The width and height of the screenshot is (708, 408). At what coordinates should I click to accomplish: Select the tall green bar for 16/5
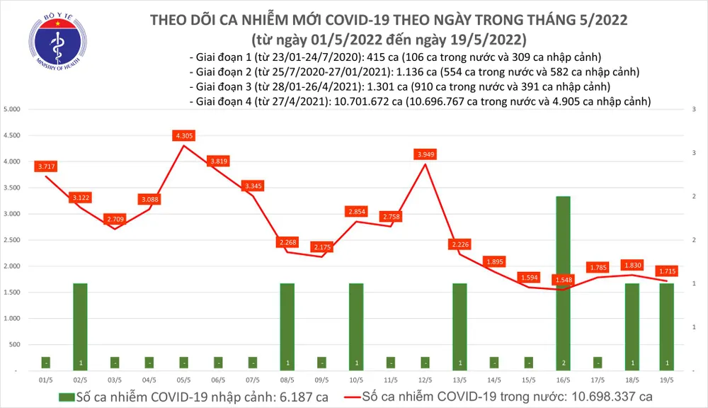563,283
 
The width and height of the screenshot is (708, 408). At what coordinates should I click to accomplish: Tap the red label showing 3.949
424,154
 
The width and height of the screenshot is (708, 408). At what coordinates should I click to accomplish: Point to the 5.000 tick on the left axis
11,110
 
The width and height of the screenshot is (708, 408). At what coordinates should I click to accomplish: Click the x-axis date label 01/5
46,380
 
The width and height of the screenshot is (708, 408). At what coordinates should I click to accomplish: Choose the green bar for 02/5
81,327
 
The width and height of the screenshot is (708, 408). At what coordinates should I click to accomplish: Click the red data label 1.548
563,280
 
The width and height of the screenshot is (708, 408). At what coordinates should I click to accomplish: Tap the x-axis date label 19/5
666,380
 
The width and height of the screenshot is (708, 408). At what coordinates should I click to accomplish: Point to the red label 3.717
46,166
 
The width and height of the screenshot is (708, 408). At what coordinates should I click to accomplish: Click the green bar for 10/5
356,327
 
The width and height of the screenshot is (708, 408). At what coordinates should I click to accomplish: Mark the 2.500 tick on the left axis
11,240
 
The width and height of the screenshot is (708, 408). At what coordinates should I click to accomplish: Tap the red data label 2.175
322,246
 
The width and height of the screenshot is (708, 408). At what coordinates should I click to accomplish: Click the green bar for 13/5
459,327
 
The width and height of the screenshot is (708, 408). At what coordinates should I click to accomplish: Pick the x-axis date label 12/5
425,380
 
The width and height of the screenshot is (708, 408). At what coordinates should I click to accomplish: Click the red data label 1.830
632,265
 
